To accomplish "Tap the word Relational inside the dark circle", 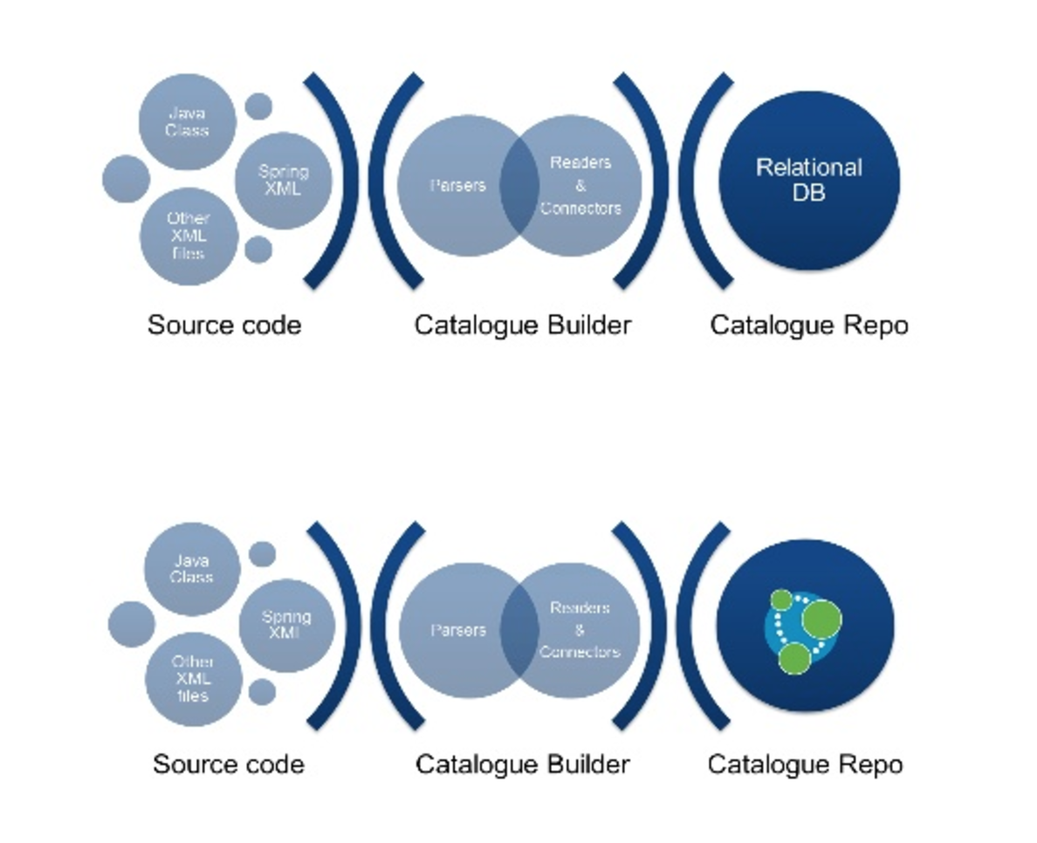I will [x=808, y=168].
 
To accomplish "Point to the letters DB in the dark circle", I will [x=808, y=193].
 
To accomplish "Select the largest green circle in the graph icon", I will [x=821, y=620].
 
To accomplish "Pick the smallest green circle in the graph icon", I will [x=782, y=600].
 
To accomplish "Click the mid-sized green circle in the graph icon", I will [x=795, y=658].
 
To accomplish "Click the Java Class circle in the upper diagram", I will [x=188, y=121].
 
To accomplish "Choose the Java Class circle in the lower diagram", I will [x=191, y=569].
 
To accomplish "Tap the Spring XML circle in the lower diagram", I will [x=285, y=625].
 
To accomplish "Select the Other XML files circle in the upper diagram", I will [x=188, y=236].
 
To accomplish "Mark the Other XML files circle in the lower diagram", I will [x=192, y=679].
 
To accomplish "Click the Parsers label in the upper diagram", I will [x=457, y=185].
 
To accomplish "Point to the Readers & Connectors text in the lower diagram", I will [x=580, y=630].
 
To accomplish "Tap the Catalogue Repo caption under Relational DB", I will [x=808, y=326].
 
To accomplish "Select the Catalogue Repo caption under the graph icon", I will [x=805, y=764].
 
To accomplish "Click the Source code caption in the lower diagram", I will [x=229, y=764].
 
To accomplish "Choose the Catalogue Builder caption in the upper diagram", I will [x=522, y=326].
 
